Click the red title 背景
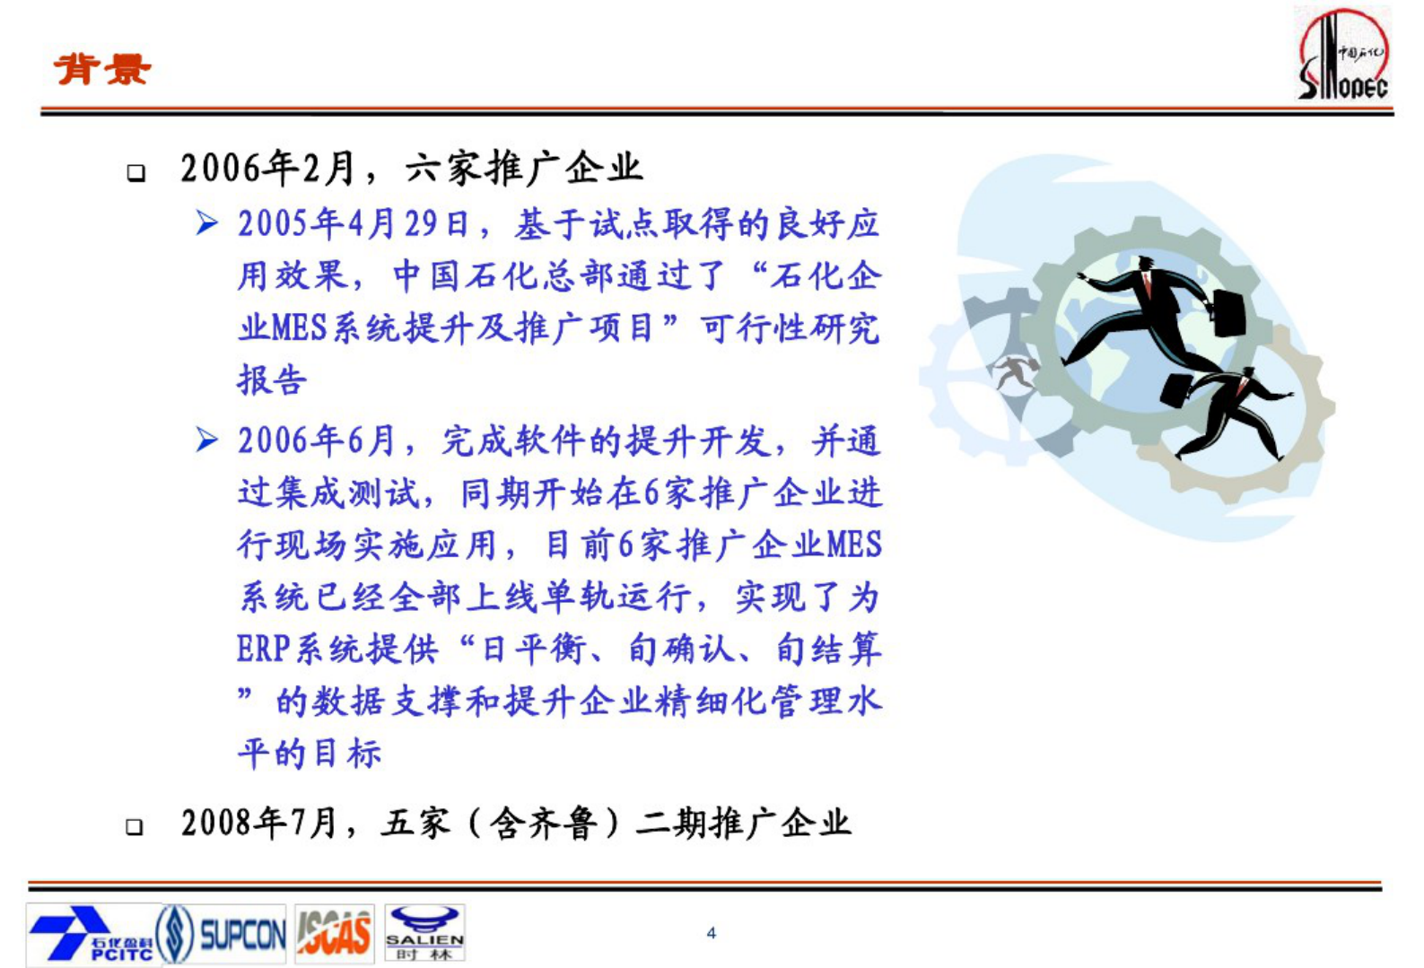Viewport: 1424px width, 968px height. coord(102,69)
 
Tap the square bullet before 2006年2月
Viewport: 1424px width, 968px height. coord(136,172)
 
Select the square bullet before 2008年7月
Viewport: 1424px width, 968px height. coord(135,826)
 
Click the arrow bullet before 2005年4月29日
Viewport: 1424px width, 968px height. coord(207,222)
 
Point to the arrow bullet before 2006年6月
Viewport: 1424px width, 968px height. coord(207,440)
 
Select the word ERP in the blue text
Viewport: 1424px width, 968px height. coord(263,649)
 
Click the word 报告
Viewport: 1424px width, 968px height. coord(272,379)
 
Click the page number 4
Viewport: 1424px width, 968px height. coord(711,933)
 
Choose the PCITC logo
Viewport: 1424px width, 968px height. coord(90,934)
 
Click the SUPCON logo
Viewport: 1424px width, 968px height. coord(223,934)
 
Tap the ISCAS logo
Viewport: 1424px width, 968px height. coord(334,934)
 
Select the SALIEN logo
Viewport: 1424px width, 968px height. coord(424,934)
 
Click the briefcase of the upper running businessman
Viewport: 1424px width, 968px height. coord(1228,311)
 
